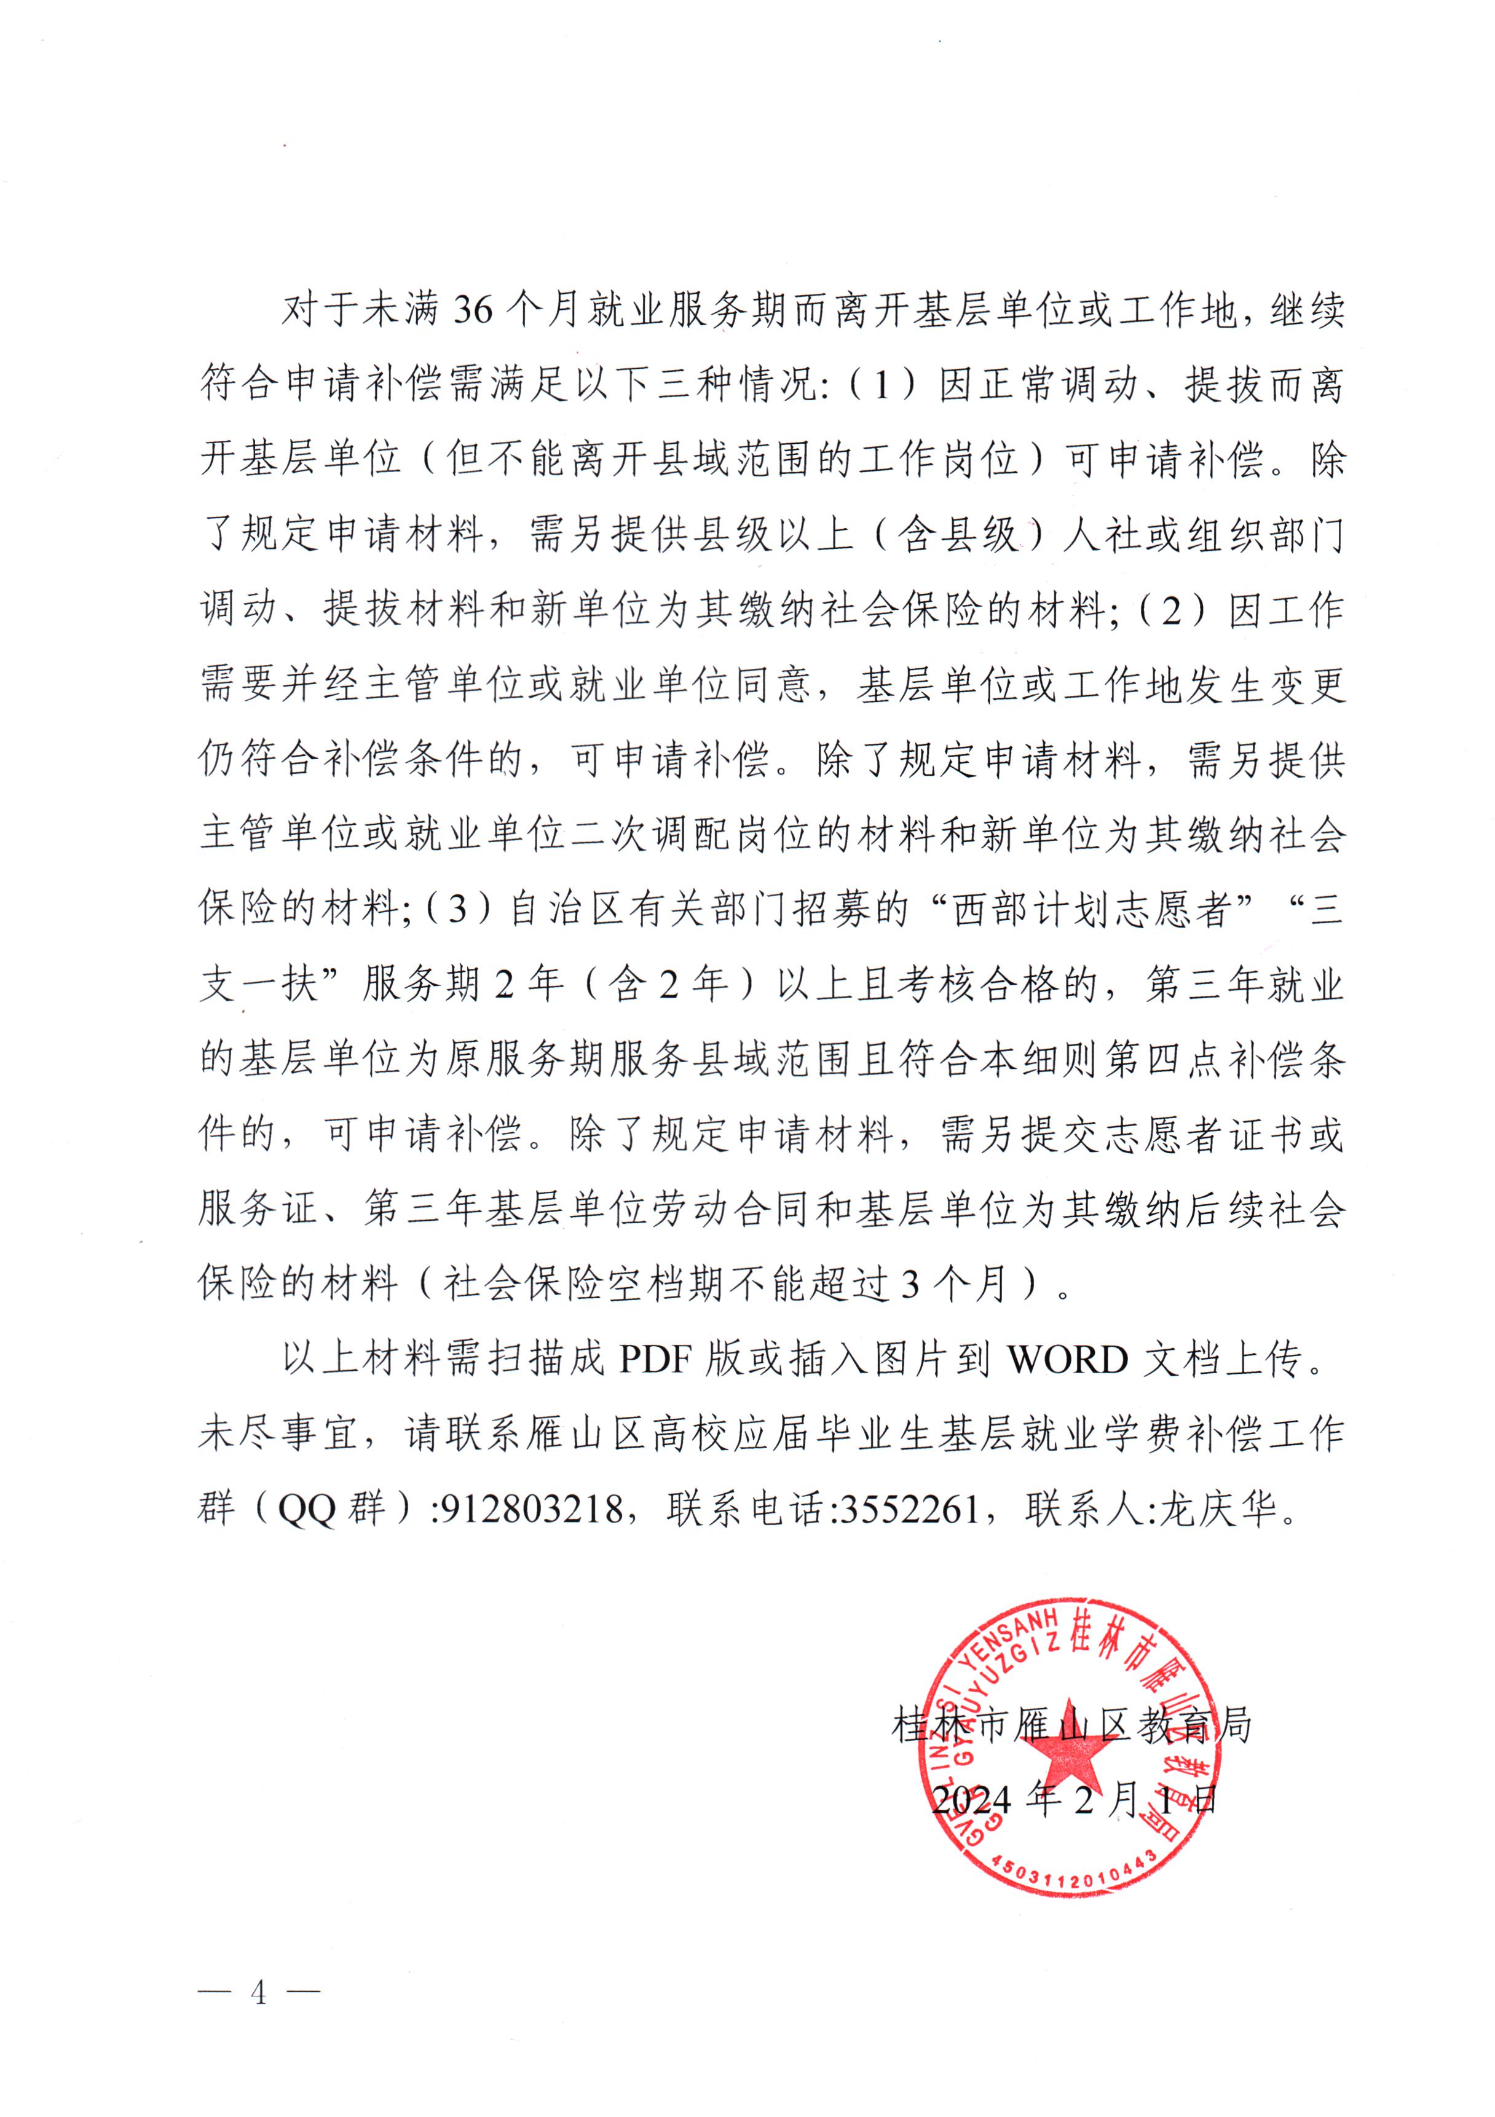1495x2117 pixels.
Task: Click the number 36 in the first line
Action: coord(473,311)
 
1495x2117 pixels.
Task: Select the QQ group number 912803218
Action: coord(532,1510)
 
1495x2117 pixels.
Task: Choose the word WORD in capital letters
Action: coord(1067,1360)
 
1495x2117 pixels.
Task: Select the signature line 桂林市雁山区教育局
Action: coord(1071,1725)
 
